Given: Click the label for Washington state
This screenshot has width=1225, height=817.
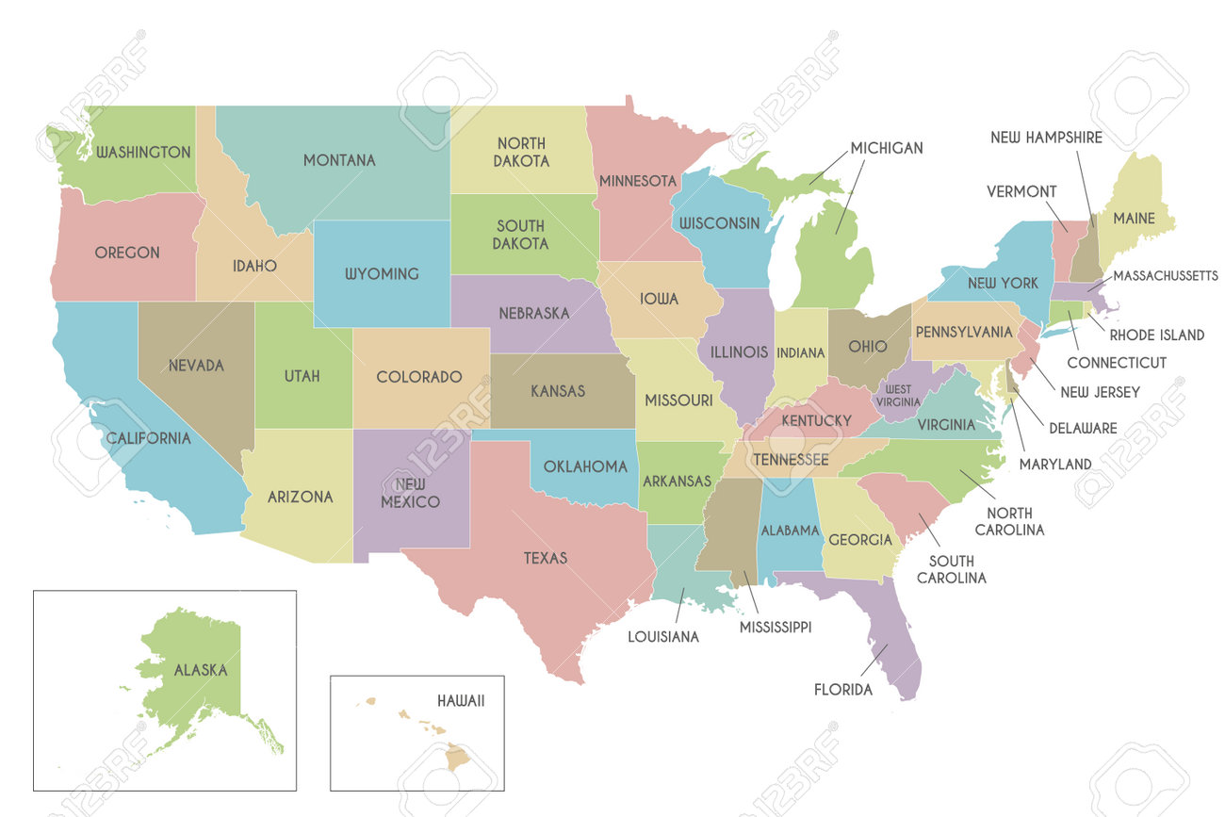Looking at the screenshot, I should pyautogui.click(x=143, y=152).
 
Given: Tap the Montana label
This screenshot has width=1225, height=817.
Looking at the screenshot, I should pyautogui.click(x=339, y=160).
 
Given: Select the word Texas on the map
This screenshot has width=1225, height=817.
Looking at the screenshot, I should pyautogui.click(x=546, y=558).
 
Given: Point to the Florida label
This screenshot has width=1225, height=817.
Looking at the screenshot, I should pyautogui.click(x=842, y=690).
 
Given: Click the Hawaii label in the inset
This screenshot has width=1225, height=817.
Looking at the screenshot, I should pyautogui.click(x=461, y=701).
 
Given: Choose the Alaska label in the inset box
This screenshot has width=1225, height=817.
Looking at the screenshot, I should pyautogui.click(x=200, y=670).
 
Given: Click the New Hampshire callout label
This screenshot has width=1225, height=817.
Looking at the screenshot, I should pyautogui.click(x=1046, y=138).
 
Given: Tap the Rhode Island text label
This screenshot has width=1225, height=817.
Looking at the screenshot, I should pyautogui.click(x=1156, y=335).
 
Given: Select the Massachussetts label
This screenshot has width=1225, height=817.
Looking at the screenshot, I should pyautogui.click(x=1165, y=276).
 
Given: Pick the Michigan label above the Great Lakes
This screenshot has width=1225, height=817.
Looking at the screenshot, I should pyautogui.click(x=886, y=148).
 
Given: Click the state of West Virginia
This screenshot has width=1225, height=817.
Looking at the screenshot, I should pyautogui.click(x=896, y=394).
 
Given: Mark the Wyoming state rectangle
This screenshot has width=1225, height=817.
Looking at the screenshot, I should pyautogui.click(x=381, y=273).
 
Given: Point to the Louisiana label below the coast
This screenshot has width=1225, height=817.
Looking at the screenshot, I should pyautogui.click(x=663, y=637).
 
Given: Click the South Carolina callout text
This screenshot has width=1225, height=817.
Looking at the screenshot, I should pyautogui.click(x=952, y=568).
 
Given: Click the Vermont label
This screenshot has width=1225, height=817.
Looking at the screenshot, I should pyautogui.click(x=1021, y=191).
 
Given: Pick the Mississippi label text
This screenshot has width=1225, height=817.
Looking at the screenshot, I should pyautogui.click(x=775, y=627).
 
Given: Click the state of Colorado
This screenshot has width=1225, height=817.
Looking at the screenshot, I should pyautogui.click(x=419, y=377).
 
